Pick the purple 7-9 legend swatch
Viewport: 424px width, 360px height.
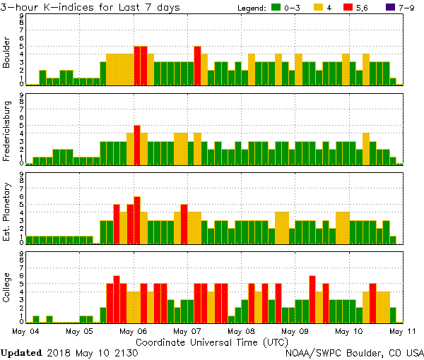pos(387,7)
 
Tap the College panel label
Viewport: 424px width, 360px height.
pos(8,287)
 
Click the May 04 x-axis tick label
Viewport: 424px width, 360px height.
pos(26,330)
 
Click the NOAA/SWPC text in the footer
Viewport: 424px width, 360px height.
pos(311,352)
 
